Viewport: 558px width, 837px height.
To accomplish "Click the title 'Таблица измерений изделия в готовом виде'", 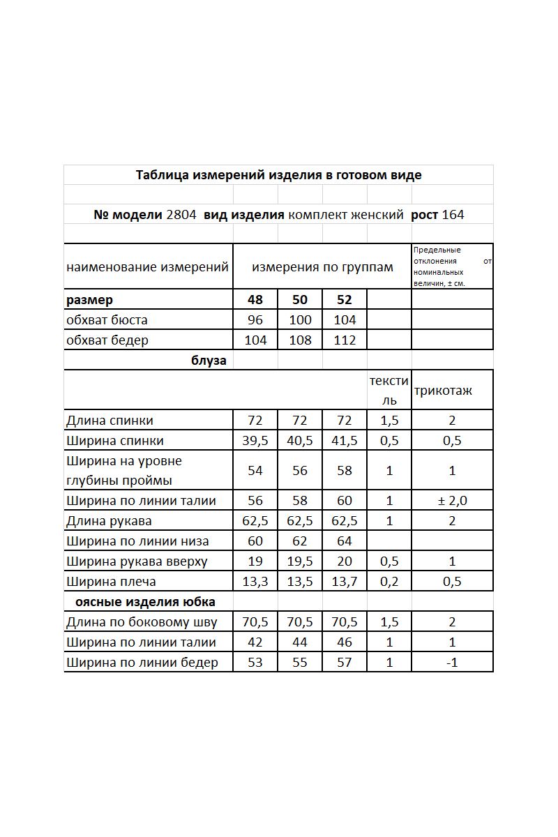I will pyautogui.click(x=278, y=175).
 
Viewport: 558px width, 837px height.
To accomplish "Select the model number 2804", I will pyautogui.click(x=181, y=215).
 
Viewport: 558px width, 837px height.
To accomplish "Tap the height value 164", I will pyautogui.click(x=453, y=215).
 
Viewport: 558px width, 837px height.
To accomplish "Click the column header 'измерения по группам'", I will pyautogui.click(x=322, y=267).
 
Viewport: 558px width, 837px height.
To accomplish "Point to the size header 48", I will pyautogui.click(x=255, y=300).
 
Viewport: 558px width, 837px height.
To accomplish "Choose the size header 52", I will pyautogui.click(x=345, y=300).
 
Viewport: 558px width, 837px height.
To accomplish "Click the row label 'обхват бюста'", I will pyautogui.click(x=107, y=320).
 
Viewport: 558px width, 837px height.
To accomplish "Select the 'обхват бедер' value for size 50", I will pyautogui.click(x=300, y=340).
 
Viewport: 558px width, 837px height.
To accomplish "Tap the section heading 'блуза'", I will pyautogui.click(x=209, y=361).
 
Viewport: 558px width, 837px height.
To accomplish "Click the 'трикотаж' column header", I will pyautogui.click(x=443, y=391).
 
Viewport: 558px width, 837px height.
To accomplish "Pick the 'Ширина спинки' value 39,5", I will pyautogui.click(x=255, y=441).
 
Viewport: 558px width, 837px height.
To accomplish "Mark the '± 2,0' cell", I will pyautogui.click(x=452, y=501).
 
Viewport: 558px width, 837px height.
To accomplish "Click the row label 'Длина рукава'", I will pyautogui.click(x=109, y=521).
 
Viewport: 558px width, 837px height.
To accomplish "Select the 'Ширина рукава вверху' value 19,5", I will pyautogui.click(x=300, y=561).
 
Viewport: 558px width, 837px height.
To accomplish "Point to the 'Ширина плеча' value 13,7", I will pyautogui.click(x=345, y=582).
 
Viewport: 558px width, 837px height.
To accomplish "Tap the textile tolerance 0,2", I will pyautogui.click(x=389, y=582).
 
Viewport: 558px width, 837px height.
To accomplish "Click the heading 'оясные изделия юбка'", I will pyautogui.click(x=150, y=602).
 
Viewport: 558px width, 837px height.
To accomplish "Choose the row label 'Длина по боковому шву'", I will pyautogui.click(x=142, y=622).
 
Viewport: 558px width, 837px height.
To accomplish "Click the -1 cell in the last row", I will pyautogui.click(x=452, y=663).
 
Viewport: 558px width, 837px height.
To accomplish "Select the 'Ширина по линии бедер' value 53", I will pyautogui.click(x=255, y=663).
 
